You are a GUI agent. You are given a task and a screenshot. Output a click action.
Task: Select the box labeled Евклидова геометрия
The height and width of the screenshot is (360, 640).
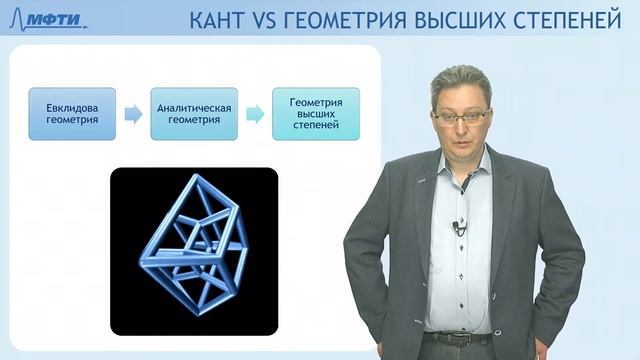click(71, 113)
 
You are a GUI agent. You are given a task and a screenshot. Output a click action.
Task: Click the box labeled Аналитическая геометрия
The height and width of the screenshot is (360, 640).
click(192, 113)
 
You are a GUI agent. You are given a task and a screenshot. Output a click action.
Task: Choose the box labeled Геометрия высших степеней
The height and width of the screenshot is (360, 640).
click(315, 113)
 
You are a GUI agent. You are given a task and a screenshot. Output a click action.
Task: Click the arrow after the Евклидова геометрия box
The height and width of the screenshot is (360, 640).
click(132, 113)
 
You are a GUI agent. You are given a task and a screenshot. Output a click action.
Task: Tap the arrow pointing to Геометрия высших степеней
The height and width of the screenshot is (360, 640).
click(254, 113)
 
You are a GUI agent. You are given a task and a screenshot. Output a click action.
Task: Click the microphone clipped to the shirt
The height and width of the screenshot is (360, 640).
click(459, 226)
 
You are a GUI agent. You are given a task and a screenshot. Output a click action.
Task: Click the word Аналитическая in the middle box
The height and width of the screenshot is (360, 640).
click(192, 106)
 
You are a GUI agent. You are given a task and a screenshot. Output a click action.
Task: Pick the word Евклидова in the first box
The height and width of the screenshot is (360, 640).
click(71, 106)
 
